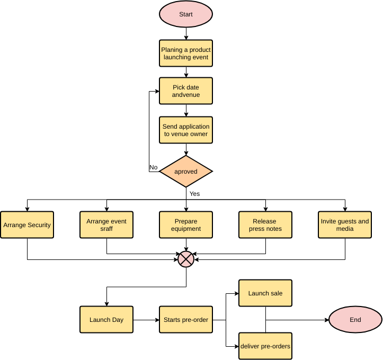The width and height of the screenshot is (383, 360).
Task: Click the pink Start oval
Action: click(186, 14)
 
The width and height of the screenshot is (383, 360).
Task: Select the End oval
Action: click(355, 320)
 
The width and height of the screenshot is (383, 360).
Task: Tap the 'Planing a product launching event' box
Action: click(186, 53)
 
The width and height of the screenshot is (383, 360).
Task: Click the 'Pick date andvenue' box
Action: click(186, 91)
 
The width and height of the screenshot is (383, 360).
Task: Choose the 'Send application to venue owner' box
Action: click(186, 130)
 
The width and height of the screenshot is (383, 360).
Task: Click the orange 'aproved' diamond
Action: click(186, 172)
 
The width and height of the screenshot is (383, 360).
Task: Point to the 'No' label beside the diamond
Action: click(154, 167)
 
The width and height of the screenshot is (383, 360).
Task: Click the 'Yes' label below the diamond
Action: click(195, 194)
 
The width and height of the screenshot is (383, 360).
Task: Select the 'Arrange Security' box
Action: click(27, 225)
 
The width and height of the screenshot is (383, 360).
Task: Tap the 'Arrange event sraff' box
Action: click(106, 225)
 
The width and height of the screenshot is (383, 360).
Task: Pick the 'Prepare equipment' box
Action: click(186, 225)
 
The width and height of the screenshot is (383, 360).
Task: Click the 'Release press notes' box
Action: click(265, 225)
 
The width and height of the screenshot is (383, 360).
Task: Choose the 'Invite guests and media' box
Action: click(345, 225)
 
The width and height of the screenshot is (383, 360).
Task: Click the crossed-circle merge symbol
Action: click(186, 259)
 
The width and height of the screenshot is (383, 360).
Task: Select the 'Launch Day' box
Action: click(106, 320)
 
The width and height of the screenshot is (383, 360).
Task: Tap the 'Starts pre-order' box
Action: click(186, 320)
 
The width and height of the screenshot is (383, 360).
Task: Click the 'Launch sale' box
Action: click(265, 293)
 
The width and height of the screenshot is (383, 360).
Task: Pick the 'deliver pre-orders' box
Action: click(265, 346)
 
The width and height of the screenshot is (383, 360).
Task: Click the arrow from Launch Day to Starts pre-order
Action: click(146, 320)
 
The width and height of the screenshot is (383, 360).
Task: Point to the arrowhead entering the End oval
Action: click(326, 320)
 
